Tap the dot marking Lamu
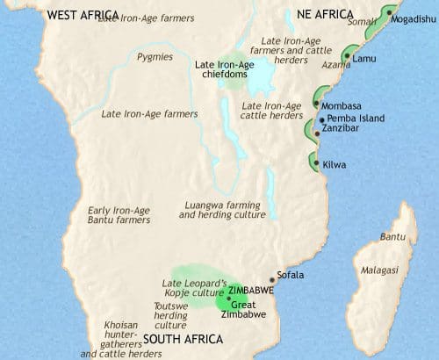[x=347, y=57]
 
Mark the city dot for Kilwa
[x=315, y=160]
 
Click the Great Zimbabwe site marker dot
[x=228, y=299]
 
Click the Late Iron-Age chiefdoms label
[x=226, y=70]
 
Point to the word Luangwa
[x=201, y=205]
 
